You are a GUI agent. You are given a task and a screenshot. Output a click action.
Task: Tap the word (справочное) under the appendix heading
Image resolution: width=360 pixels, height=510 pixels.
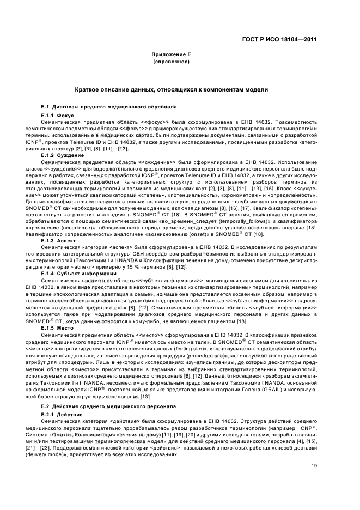coord(172,62)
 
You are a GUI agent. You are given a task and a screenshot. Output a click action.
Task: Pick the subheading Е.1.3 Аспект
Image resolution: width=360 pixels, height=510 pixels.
coord(61,240)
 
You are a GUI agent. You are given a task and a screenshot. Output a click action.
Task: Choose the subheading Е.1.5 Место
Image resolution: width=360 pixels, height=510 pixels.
coord(60,329)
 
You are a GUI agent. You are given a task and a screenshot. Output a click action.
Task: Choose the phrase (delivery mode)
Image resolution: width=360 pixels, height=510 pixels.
coord(57,454)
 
